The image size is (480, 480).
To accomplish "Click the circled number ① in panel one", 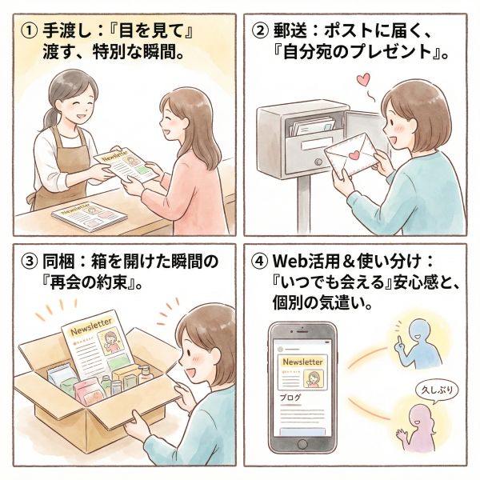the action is click(30, 30).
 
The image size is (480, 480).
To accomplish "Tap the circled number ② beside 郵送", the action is click(259, 30).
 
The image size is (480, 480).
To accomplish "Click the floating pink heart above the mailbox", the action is click(364, 79).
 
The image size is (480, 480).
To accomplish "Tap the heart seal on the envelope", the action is click(354, 155).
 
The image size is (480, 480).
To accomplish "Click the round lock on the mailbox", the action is click(318, 162).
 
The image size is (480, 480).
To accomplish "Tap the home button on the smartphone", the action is click(302, 444).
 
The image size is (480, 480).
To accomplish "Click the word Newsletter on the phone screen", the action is click(302, 362).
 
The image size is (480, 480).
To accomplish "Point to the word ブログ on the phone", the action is click(290, 398).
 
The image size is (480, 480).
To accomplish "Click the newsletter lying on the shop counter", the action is click(89, 217).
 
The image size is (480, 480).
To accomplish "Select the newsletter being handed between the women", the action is click(126, 165).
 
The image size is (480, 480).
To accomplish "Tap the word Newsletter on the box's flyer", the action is click(91, 326).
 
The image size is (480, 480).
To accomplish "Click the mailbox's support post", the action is click(304, 204).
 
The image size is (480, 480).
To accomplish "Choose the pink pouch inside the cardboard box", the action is click(90, 391).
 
